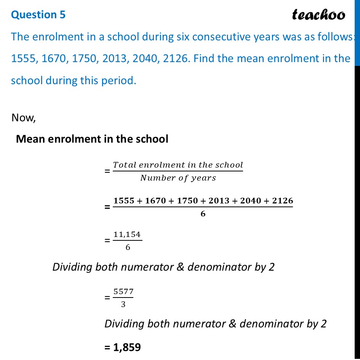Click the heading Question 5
pos(38,14)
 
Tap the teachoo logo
pos(318,15)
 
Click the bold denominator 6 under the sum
pos(203,214)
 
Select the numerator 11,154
pos(128,235)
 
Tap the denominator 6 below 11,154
pos(128,247)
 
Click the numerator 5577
pos(123,292)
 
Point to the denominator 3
pos(123,305)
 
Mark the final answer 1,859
pos(127,347)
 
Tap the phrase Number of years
pos(178,178)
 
